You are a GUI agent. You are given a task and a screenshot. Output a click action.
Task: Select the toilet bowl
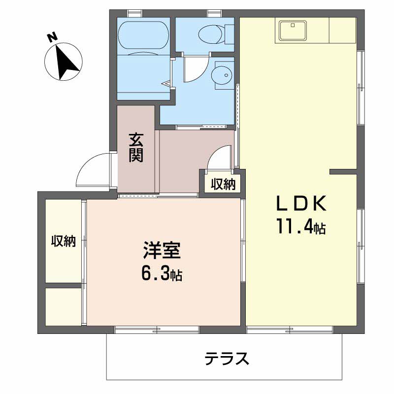pyautogui.click(x=209, y=33)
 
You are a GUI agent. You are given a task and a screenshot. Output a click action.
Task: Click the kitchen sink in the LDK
pyautogui.click(x=294, y=30)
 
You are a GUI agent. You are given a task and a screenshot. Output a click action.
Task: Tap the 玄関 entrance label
pyautogui.click(x=136, y=148)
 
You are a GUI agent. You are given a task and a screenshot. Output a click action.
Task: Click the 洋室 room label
pyautogui.click(x=163, y=250)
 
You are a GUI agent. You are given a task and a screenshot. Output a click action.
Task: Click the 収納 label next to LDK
pyautogui.click(x=223, y=184)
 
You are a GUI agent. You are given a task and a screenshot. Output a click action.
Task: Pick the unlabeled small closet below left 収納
pyautogui.click(x=64, y=306)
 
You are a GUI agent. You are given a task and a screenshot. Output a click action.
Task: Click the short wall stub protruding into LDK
pyautogui.click(x=343, y=171)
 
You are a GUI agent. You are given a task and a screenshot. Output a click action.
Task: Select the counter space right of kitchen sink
pyautogui.click(x=342, y=30)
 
